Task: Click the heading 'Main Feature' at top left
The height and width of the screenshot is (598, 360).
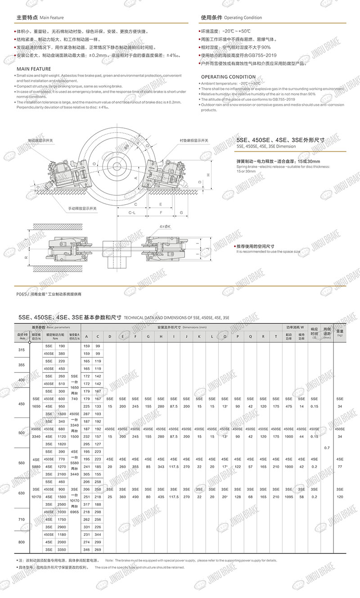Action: (52, 18)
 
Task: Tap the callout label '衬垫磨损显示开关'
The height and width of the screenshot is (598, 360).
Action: (194, 140)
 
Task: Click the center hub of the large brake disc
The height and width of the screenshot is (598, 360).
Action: (122, 164)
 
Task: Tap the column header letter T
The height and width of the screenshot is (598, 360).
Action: (276, 337)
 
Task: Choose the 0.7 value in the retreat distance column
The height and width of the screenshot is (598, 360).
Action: (327, 448)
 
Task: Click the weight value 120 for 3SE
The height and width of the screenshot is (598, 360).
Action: (340, 497)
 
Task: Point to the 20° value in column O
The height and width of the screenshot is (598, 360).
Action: (225, 497)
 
